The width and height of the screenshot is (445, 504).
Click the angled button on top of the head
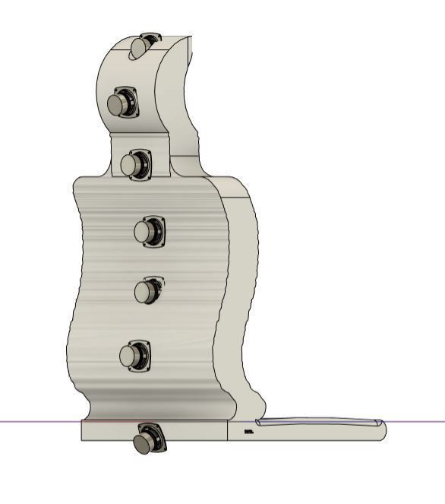click(143, 45)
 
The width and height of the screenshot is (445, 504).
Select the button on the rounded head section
click(122, 103)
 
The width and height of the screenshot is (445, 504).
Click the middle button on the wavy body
click(147, 290)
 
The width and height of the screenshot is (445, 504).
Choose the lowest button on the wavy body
click(134, 356)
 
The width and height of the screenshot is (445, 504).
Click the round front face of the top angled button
click(138, 48)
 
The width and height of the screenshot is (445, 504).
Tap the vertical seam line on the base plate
click(229, 431)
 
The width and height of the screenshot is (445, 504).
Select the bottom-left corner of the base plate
click(82, 439)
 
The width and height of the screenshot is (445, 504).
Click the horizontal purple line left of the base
click(38, 421)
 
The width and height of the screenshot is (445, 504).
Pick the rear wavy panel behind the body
click(241, 296)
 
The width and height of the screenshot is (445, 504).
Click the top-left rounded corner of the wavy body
click(79, 182)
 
